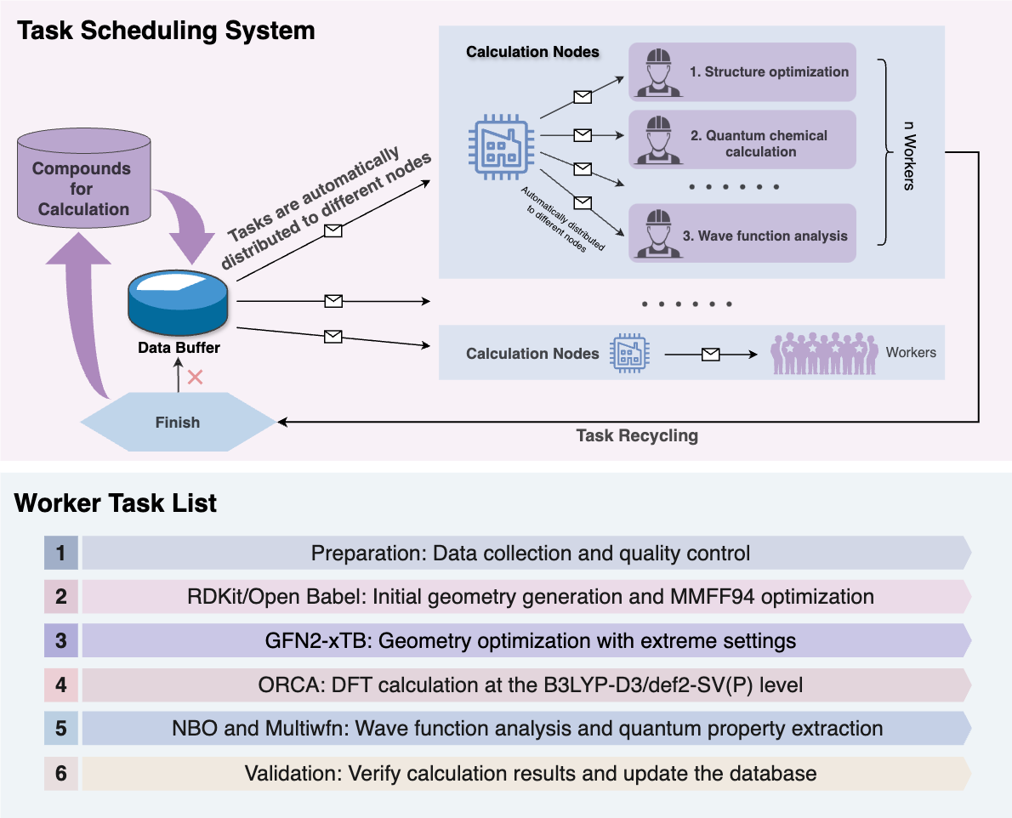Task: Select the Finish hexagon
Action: click(177, 422)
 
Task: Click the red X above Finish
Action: click(195, 377)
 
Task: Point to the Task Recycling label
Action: click(637, 435)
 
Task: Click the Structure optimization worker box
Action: click(742, 72)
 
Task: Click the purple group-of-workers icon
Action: click(823, 352)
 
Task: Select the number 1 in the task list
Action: click(60, 554)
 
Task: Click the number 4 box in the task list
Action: click(60, 684)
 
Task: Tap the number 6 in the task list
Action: click(60, 773)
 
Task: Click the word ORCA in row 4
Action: click(281, 685)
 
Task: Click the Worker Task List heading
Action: click(116, 503)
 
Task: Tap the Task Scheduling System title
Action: click(167, 31)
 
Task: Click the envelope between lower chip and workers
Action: click(710, 353)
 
